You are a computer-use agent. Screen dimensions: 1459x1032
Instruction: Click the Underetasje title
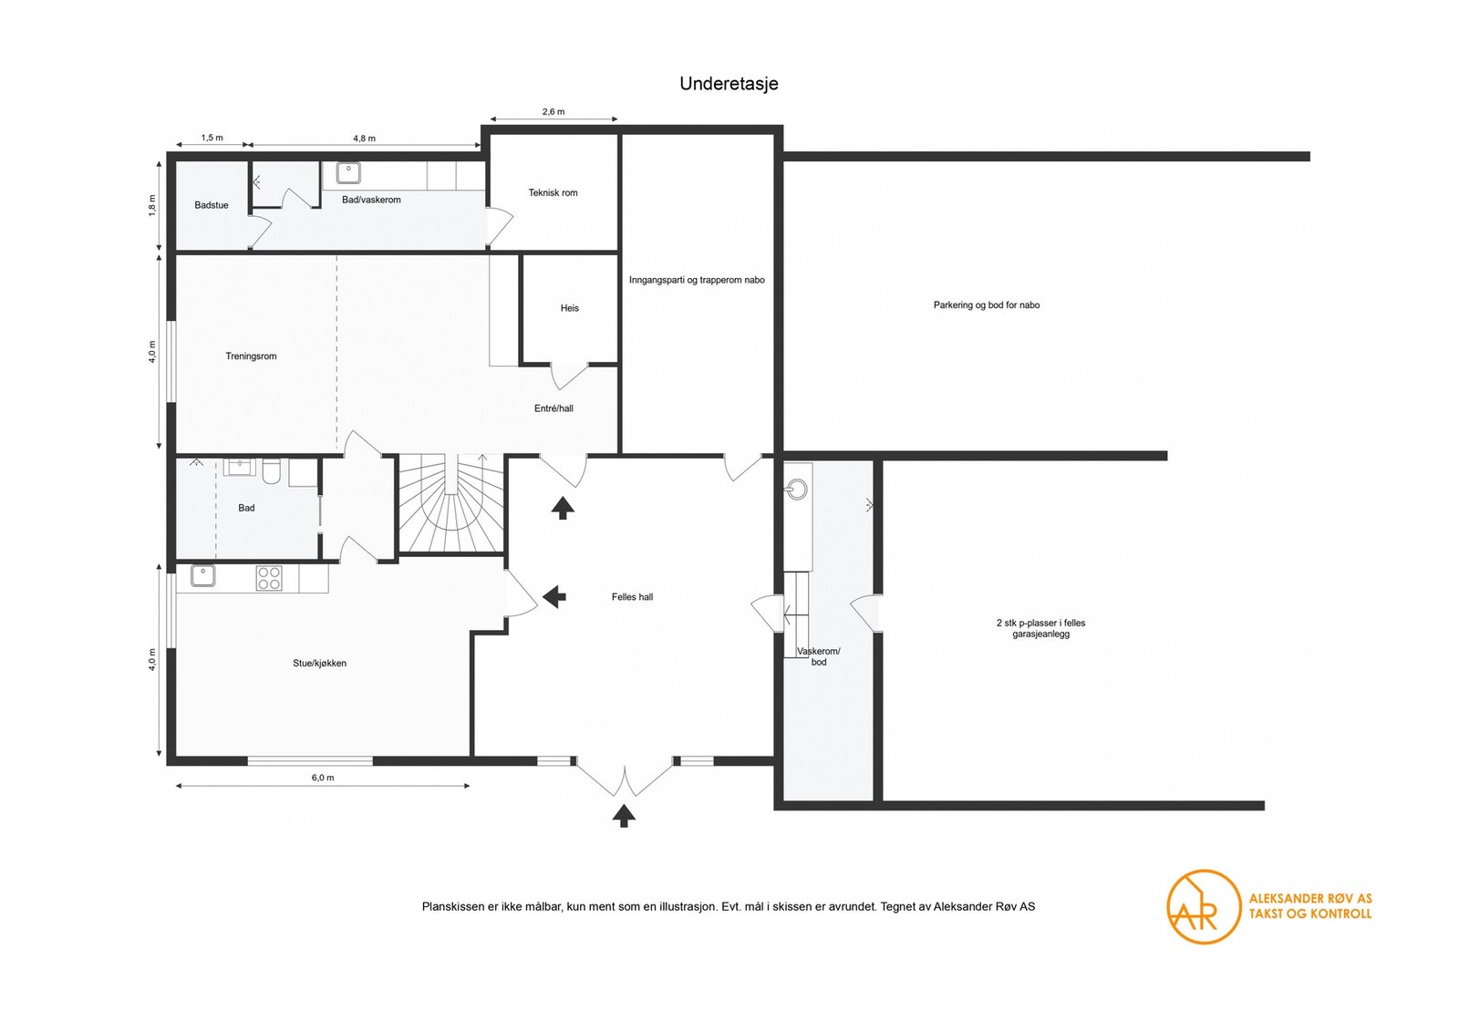729,84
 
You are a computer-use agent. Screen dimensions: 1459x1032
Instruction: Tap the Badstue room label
212,205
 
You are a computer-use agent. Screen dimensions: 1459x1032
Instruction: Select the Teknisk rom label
553,192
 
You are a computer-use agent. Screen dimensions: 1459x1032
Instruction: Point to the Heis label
570,308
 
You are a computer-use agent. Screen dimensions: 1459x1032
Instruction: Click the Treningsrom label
252,356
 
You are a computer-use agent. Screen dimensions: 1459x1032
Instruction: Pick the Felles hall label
633,596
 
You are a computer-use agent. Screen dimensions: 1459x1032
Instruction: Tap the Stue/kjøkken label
320,664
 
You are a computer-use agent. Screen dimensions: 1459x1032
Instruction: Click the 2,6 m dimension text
554,111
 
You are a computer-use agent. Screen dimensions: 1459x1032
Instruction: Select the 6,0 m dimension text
323,778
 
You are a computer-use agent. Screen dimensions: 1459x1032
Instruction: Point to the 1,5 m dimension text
212,138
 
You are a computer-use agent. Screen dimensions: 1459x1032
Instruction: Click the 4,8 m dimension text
364,138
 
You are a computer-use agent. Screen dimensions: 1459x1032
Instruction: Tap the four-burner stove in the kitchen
269,578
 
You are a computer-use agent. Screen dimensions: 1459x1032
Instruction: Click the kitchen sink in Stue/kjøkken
203,575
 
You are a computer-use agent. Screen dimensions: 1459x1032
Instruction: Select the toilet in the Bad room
272,472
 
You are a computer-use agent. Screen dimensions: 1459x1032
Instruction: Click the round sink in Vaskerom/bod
797,489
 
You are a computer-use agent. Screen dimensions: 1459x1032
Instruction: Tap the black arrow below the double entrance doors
624,815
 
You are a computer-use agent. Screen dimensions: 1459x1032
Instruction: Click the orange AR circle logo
1204,907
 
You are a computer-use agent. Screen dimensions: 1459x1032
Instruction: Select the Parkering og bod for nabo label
987,304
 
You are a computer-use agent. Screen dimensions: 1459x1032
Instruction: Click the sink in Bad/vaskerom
348,173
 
